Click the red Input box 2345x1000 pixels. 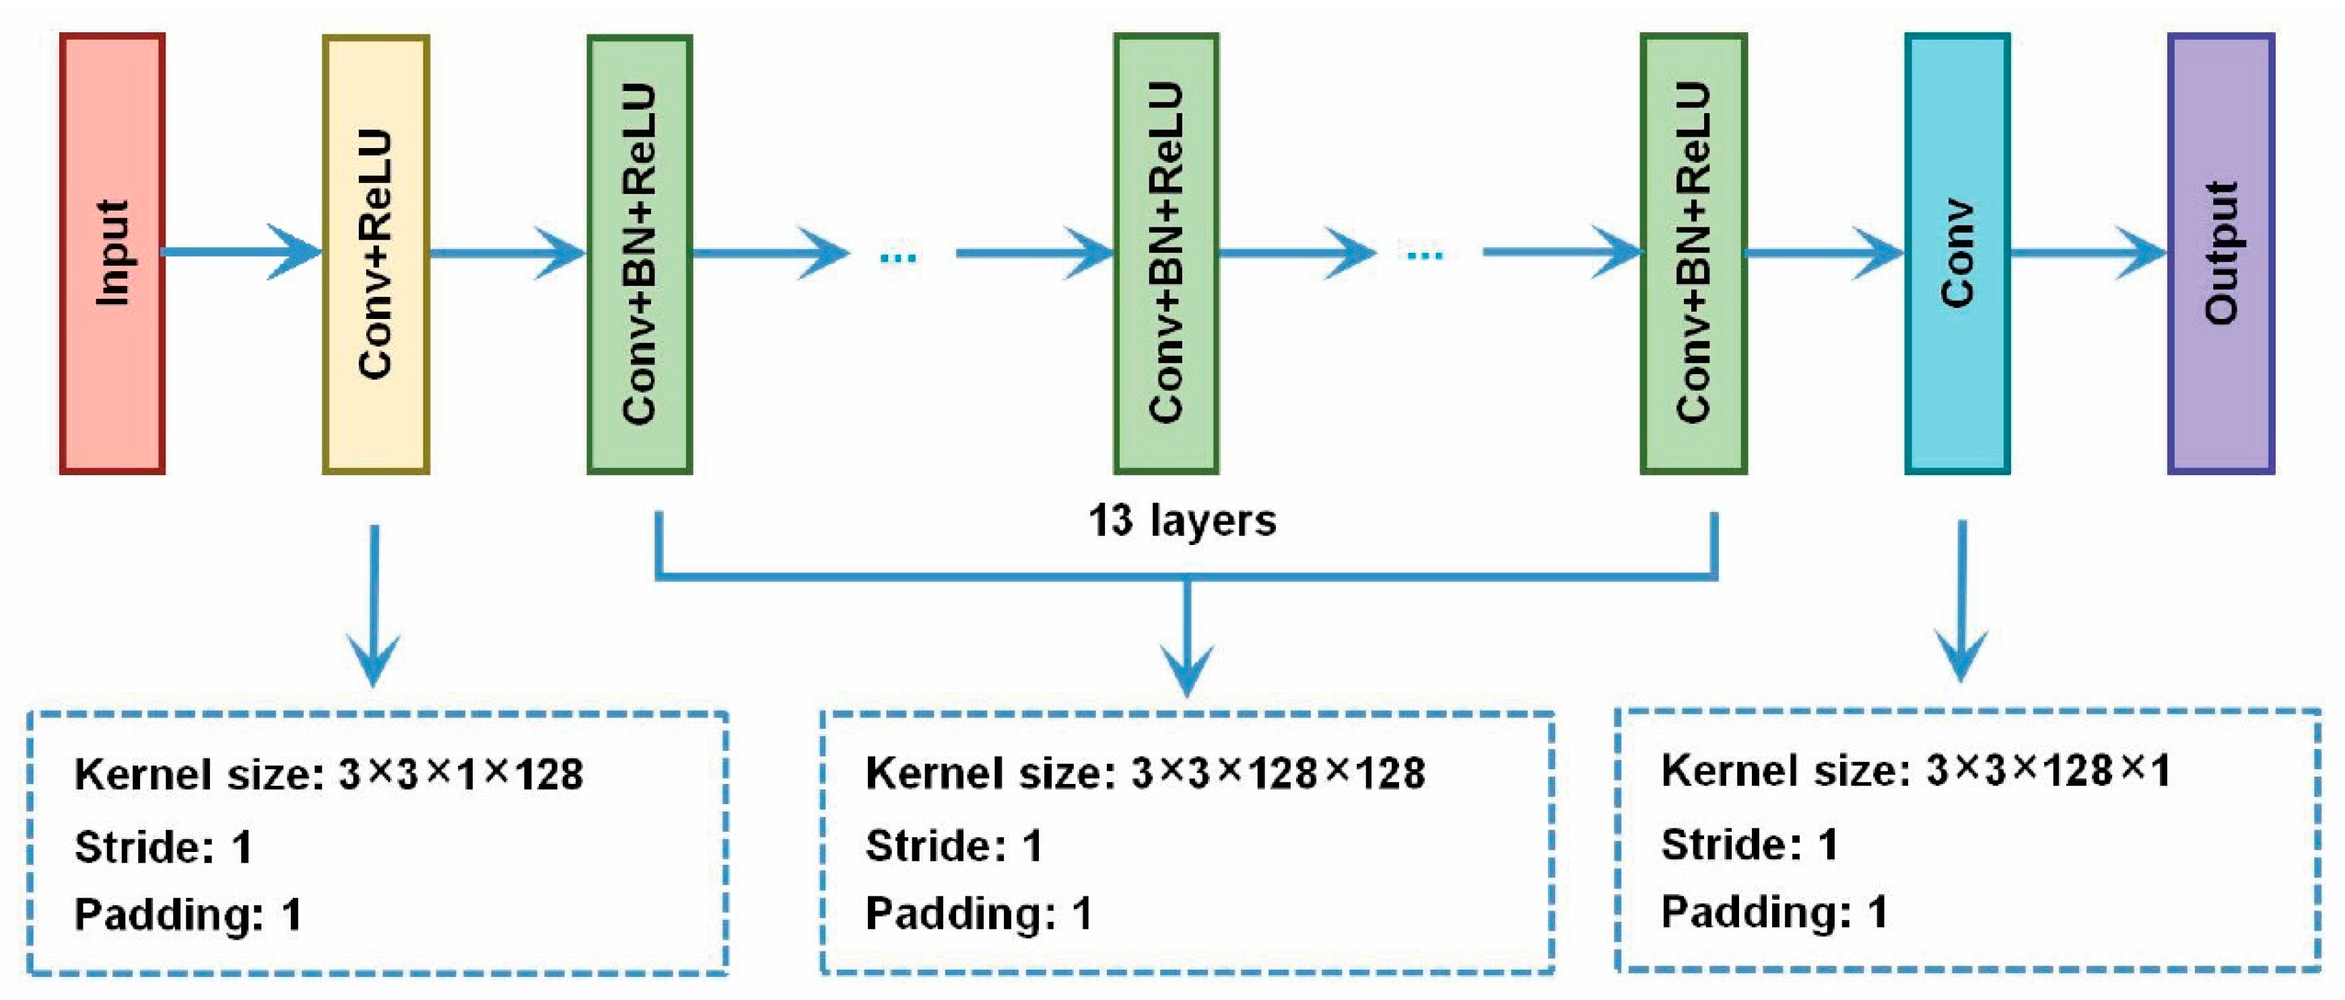click(x=112, y=253)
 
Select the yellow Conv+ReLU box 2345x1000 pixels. click(x=375, y=253)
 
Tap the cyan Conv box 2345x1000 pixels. click(x=1957, y=253)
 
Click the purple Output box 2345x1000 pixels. click(x=2221, y=253)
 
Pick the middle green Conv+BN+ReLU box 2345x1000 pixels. click(x=1166, y=253)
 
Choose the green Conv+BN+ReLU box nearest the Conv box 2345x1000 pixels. click(x=1693, y=253)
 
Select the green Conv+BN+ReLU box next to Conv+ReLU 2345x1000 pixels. click(x=639, y=253)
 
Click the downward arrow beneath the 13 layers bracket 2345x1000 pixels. click(x=1186, y=637)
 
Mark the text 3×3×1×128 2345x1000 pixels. click(x=461, y=775)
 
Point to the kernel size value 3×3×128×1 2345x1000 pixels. click(x=2048, y=771)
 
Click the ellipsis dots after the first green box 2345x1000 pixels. click(x=899, y=258)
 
